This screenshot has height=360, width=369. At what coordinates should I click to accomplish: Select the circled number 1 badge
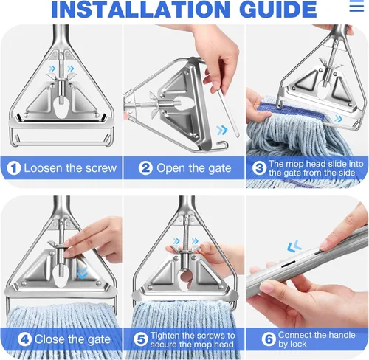(13, 167)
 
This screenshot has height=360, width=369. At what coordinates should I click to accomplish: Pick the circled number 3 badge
(258, 167)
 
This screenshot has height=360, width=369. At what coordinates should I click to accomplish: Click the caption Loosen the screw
(69, 167)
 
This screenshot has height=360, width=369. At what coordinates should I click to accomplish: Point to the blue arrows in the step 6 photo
(293, 244)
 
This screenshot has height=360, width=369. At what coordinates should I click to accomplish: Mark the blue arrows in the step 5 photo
(176, 240)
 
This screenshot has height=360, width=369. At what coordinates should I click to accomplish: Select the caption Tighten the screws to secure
(193, 339)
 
